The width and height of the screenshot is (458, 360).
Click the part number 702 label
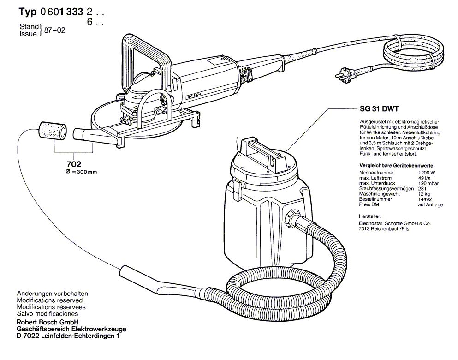point(74,164)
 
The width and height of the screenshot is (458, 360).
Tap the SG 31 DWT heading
point(376,111)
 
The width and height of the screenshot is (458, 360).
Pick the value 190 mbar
point(428,184)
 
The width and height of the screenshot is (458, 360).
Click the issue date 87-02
point(53,31)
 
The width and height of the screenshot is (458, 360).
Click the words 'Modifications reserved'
point(49,300)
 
